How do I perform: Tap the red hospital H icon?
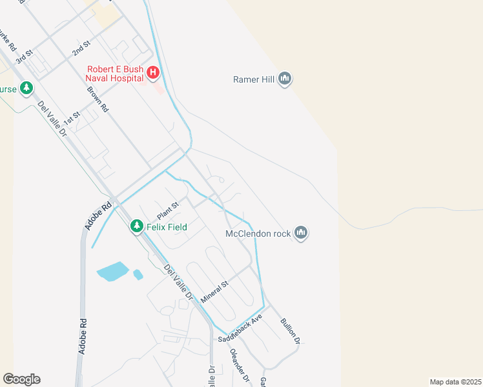153,72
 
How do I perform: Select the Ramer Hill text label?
254,80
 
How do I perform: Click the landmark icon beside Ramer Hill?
285,80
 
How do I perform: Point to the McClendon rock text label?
257,233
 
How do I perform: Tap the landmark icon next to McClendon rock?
300,233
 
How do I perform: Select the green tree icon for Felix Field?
136,226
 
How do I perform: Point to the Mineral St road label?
215,292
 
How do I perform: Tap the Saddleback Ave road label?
240,329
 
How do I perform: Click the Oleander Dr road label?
240,366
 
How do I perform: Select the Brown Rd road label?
99,99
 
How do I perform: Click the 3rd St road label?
24,56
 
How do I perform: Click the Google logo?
21,379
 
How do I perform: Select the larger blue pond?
113,272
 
